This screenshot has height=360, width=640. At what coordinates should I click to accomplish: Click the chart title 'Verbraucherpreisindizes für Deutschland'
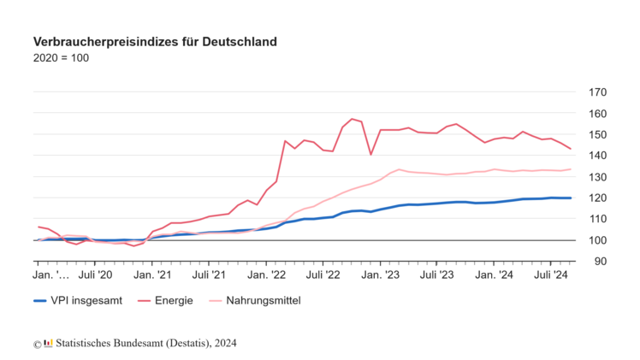coord(155,41)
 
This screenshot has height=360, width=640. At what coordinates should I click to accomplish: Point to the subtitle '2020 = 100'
coord(60,58)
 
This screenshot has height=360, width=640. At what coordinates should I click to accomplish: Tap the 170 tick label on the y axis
coord(598,92)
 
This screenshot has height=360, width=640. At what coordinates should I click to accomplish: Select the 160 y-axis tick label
coord(598,114)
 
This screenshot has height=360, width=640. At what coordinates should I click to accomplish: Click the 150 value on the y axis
coord(598,134)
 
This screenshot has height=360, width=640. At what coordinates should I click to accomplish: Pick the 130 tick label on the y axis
coord(598,177)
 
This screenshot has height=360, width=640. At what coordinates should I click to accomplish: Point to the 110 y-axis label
coord(598,219)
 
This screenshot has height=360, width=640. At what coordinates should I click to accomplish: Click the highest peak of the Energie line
coord(352,119)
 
